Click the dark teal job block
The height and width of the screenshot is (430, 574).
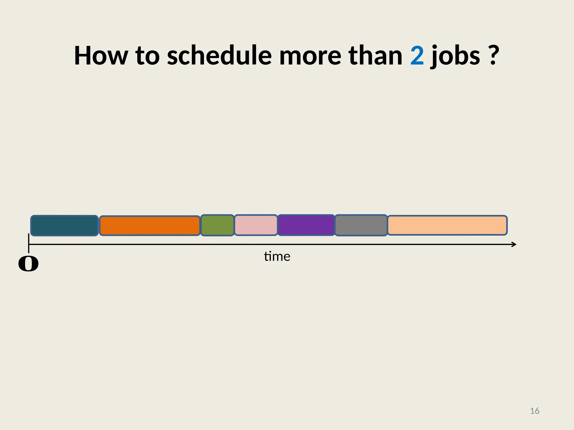pyautogui.click(x=64, y=226)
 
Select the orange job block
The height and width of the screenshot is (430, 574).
pyautogui.click(x=150, y=226)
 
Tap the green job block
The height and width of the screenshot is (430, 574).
pyautogui.click(x=217, y=225)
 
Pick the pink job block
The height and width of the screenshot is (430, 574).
pyautogui.click(x=256, y=225)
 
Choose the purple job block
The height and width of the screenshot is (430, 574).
pyautogui.click(x=306, y=225)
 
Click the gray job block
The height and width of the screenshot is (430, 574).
pyautogui.click(x=361, y=225)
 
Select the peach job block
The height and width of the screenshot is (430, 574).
pyautogui.click(x=447, y=225)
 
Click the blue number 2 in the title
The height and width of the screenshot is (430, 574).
pyautogui.click(x=417, y=56)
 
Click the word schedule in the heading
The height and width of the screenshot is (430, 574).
pyautogui.click(x=219, y=56)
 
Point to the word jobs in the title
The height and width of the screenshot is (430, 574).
pyautogui.click(x=455, y=56)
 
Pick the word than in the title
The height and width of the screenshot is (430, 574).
pyautogui.click(x=375, y=56)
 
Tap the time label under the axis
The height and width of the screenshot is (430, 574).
pyautogui.click(x=277, y=256)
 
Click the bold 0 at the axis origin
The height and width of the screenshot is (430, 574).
pyautogui.click(x=28, y=264)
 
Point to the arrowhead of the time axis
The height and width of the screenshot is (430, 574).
pyautogui.click(x=514, y=244)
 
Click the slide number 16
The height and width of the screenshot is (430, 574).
pyautogui.click(x=534, y=411)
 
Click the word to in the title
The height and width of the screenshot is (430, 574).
pyautogui.click(x=147, y=56)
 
